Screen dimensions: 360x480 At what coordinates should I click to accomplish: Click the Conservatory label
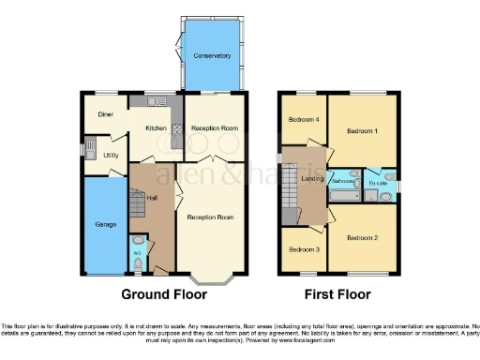pyautogui.click(x=212, y=56)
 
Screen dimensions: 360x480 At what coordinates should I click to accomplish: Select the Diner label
pyautogui.click(x=105, y=113)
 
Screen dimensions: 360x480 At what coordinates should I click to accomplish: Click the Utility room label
pyautogui.click(x=111, y=155)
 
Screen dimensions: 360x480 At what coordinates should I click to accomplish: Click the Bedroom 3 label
pyautogui.click(x=303, y=249)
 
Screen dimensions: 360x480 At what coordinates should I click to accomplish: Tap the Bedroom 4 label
pyautogui.click(x=303, y=120)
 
